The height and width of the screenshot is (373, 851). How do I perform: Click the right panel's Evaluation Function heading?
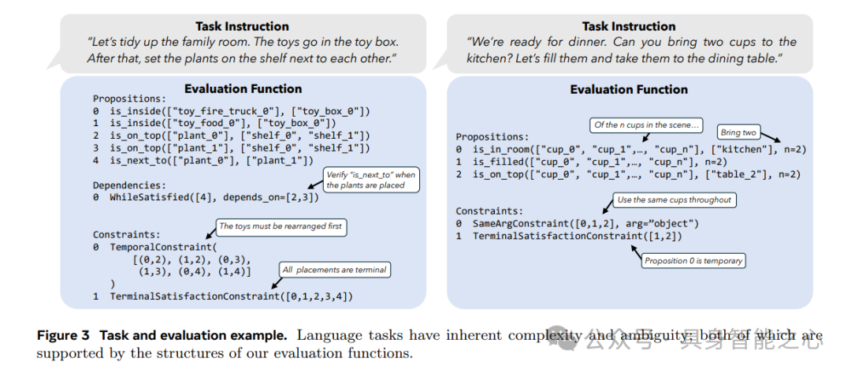click(628, 90)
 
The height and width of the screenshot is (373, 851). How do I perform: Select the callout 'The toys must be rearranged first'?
click(281, 226)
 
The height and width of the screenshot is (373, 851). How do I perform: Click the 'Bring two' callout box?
click(738, 132)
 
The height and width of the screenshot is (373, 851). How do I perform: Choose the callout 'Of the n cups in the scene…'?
click(647, 125)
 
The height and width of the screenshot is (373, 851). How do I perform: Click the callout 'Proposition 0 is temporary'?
click(693, 261)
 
